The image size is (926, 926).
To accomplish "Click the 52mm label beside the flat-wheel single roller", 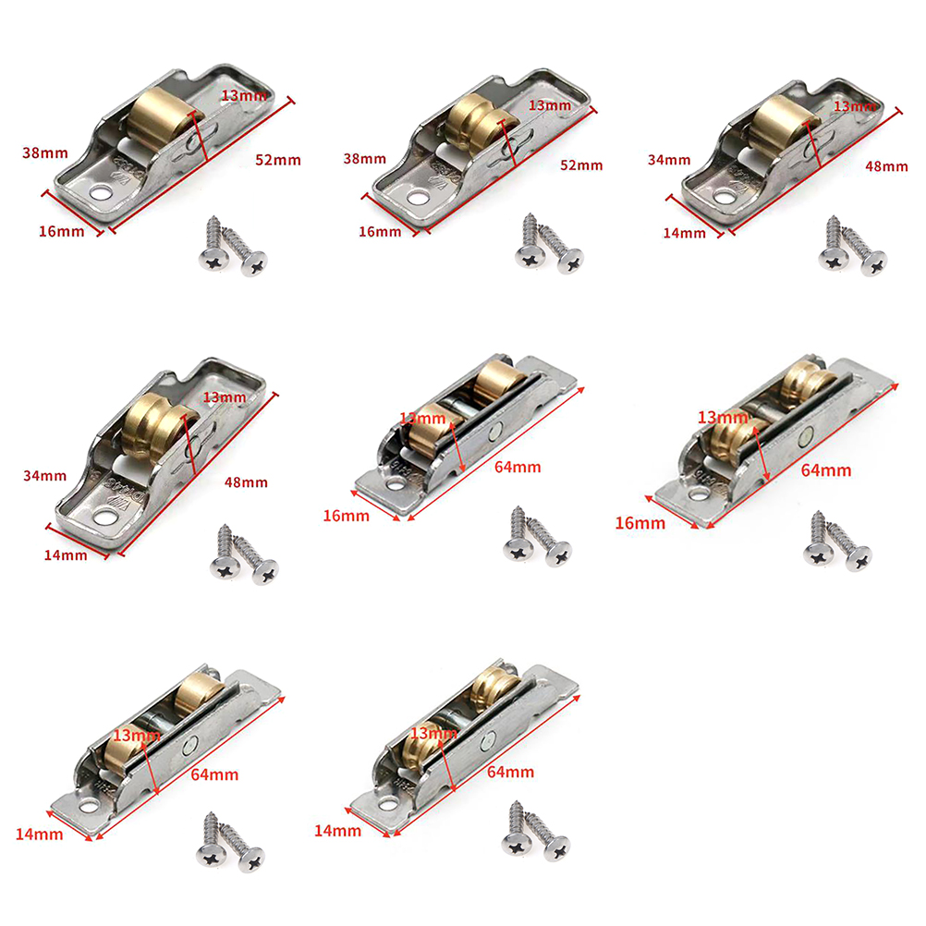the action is pos(278,160).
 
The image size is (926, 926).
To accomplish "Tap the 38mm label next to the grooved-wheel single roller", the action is pos(364,159).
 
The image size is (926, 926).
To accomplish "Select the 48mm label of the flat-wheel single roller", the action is pos(886,166).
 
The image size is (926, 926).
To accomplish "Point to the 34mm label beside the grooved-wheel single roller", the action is pos(45,475).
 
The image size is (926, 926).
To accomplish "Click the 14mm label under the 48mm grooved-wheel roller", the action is pos(66,555).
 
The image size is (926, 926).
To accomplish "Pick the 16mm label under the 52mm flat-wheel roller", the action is pos(61,231).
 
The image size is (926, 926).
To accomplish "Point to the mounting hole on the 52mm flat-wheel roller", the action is pos(101,193).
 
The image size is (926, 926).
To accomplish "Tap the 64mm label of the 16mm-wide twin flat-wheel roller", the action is pos(518,467).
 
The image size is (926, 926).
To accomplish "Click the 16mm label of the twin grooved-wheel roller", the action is pos(640,523).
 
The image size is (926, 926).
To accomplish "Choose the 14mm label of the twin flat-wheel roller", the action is pos(39,835).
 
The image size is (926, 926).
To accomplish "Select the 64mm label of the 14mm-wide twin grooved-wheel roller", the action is pos(510,773).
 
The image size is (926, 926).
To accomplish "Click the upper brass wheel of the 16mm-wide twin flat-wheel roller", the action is pos(499,380).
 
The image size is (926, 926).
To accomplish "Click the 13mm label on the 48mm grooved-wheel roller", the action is pos(225,397).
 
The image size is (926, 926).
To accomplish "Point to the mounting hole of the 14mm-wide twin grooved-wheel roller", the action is pos(388,804).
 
